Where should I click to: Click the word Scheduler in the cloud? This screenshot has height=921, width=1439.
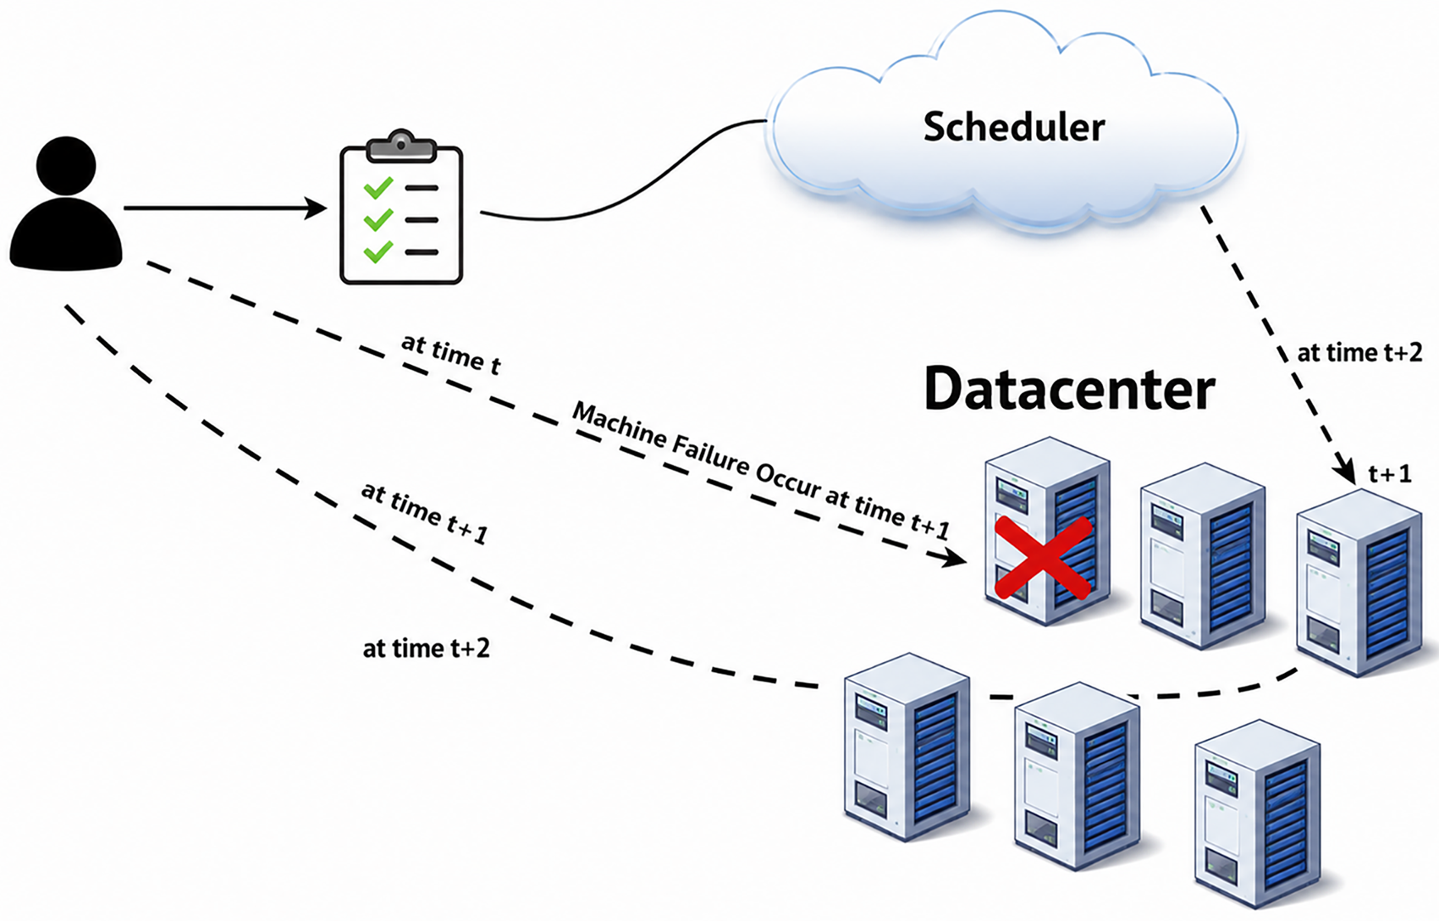click(x=1014, y=126)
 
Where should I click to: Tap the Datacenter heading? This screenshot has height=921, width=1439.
click(x=1070, y=389)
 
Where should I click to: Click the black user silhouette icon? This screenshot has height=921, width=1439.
click(x=66, y=203)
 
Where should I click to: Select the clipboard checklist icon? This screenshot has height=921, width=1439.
click(x=401, y=207)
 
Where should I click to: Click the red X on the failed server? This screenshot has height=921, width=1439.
click(x=1043, y=558)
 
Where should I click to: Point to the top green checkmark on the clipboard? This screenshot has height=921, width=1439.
click(x=378, y=188)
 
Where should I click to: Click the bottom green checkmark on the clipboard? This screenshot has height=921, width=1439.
click(x=378, y=251)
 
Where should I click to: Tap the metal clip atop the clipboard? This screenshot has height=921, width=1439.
click(x=401, y=146)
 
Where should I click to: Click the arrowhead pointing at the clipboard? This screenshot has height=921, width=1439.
click(x=316, y=208)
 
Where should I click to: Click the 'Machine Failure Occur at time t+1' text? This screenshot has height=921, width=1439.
click(x=761, y=471)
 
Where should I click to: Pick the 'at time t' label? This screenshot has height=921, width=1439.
click(x=450, y=354)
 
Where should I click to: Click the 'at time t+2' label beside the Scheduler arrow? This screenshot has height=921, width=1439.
click(x=1359, y=353)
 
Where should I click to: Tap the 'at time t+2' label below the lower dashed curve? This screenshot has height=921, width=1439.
click(x=427, y=648)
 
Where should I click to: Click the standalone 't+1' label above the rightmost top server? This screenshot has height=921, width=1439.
click(x=1390, y=474)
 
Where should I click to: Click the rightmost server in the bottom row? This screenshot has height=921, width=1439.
click(x=1257, y=813)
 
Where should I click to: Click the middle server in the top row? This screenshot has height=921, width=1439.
click(x=1203, y=556)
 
